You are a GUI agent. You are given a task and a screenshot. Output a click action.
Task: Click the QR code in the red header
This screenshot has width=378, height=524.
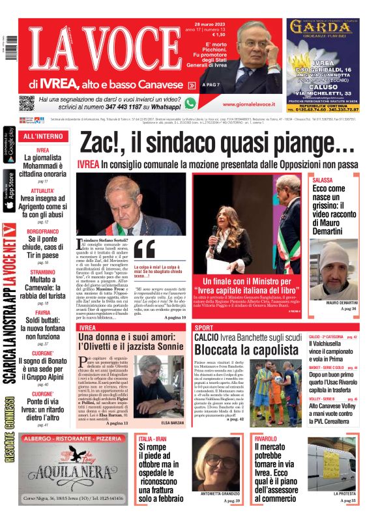tap(26, 103)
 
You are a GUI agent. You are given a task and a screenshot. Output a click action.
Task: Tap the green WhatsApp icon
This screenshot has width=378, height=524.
tap(190, 103)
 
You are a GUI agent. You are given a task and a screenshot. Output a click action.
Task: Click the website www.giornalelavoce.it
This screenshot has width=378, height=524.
tap(247, 104)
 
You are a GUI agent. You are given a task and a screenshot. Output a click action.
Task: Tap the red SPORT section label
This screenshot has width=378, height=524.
tap(204, 327)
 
